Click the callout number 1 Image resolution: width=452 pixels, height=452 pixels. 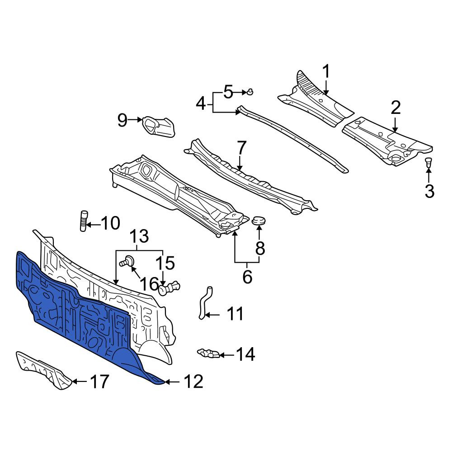pyautogui.click(x=326, y=72)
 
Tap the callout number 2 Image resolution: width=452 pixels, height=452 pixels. pyautogui.click(x=395, y=108)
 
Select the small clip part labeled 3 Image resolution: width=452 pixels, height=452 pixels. pyautogui.click(x=429, y=162)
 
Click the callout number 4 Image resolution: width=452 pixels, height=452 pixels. pyautogui.click(x=201, y=104)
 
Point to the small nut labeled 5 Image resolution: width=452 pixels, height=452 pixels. pyautogui.click(x=250, y=92)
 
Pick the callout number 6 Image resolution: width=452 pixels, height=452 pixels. pyautogui.click(x=247, y=277)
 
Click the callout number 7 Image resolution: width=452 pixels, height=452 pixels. pyautogui.click(x=241, y=148)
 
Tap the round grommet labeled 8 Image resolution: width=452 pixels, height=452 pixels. pyautogui.click(x=259, y=221)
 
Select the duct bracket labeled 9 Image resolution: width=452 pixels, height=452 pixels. pyautogui.click(x=159, y=127)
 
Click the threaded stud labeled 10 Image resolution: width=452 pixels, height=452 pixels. pyautogui.click(x=83, y=221)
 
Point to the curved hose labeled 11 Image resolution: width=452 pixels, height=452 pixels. pyautogui.click(x=204, y=303)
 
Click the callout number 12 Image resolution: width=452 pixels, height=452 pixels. pyautogui.click(x=193, y=382)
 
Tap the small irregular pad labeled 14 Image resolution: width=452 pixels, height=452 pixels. pyautogui.click(x=208, y=353)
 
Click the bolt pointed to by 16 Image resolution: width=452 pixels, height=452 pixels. pyautogui.click(x=127, y=261)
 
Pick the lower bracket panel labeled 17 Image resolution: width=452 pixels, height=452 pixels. pyautogui.click(x=43, y=370)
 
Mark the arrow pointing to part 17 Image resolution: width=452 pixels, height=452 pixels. pyautogui.click(x=79, y=381)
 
